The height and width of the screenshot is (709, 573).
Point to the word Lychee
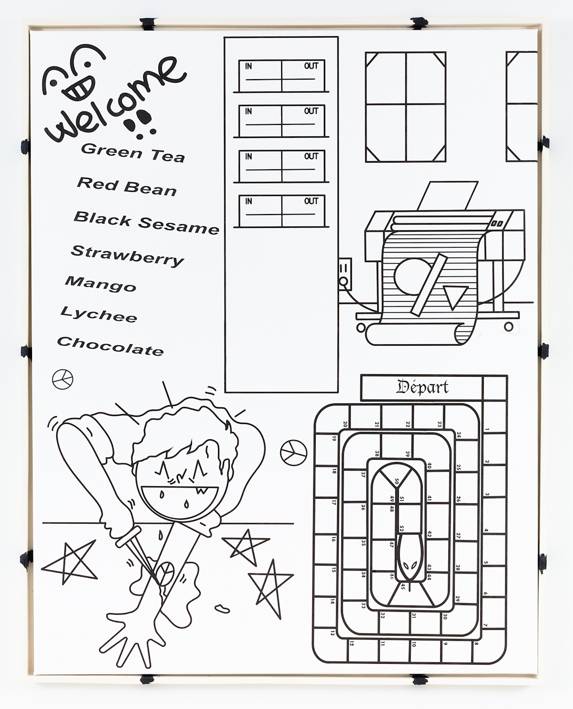99,315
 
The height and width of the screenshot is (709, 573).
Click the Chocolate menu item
110,346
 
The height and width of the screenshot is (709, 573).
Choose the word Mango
101,284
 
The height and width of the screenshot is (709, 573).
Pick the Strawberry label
127,255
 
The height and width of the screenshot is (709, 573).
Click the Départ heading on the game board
422,387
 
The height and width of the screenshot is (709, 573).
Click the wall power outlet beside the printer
345,274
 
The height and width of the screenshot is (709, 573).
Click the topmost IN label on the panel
248,66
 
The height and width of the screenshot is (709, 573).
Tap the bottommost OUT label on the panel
311,201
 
